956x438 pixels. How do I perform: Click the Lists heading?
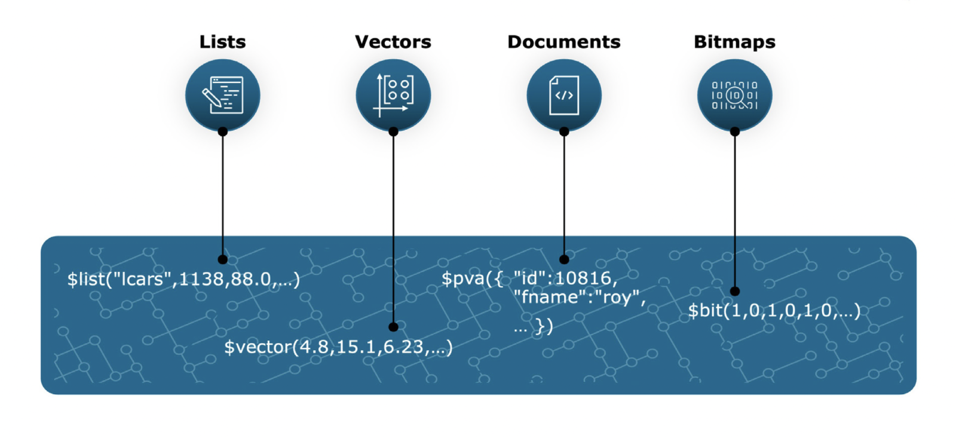[x=222, y=42]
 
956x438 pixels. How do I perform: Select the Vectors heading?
[x=393, y=42]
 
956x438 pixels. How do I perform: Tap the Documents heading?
[x=563, y=42]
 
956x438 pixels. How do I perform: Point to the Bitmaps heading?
[x=734, y=42]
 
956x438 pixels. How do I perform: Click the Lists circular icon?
[x=222, y=95]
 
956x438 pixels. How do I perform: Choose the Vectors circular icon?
[x=393, y=95]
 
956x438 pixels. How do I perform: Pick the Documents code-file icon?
[x=563, y=95]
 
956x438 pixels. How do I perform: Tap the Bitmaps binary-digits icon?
[x=734, y=95]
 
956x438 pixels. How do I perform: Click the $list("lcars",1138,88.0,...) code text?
[x=183, y=279]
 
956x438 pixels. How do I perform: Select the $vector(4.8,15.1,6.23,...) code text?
[x=338, y=347]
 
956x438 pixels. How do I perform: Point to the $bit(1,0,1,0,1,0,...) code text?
[x=774, y=310]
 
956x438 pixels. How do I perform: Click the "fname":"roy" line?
[x=579, y=297]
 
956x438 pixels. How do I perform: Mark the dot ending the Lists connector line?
[x=222, y=259]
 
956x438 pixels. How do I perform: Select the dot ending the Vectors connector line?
[x=393, y=327]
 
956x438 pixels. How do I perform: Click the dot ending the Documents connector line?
[x=564, y=259]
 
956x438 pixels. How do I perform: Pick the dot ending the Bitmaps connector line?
[x=735, y=292]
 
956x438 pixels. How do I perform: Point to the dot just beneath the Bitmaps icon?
[x=735, y=131]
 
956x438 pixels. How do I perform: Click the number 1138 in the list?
[x=201, y=279]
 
